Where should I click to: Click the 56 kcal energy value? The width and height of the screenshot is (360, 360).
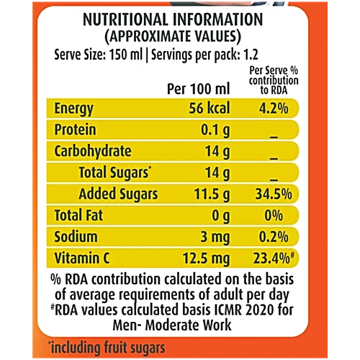point(210,108)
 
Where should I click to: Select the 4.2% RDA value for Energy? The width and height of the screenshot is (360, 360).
point(274,108)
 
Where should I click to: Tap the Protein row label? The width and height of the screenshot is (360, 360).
point(75,130)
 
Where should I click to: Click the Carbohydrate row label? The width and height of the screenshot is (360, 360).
point(93,152)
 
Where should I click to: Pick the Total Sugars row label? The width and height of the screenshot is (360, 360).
point(115,173)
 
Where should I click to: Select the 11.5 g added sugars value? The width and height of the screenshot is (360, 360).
point(212,194)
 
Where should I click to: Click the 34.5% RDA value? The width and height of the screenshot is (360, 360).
point(274,194)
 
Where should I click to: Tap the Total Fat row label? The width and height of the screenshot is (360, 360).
point(78,215)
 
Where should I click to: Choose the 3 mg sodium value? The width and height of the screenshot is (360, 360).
point(215,238)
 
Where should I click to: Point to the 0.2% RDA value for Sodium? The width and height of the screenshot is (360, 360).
point(274,237)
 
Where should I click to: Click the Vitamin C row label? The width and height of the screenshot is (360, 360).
point(82,258)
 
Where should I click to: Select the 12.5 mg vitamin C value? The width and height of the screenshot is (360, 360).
point(206,259)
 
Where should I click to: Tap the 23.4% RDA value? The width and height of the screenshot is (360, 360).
point(274,258)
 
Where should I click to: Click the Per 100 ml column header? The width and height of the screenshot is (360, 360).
point(199,89)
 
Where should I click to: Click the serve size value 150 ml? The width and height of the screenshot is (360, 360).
point(126,55)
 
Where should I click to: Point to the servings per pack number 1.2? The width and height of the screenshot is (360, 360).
point(251,55)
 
